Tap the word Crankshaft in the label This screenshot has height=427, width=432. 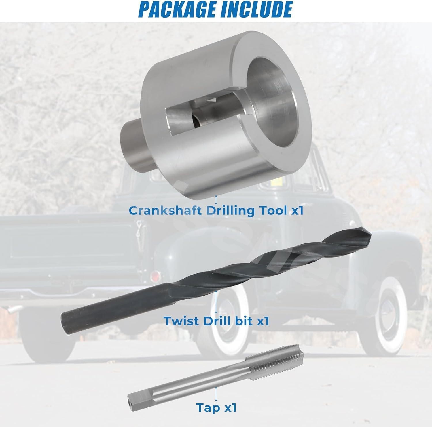(x=165, y=211)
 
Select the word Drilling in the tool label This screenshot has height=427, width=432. (x=231, y=211)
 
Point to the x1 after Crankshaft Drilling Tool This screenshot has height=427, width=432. (x=296, y=211)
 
